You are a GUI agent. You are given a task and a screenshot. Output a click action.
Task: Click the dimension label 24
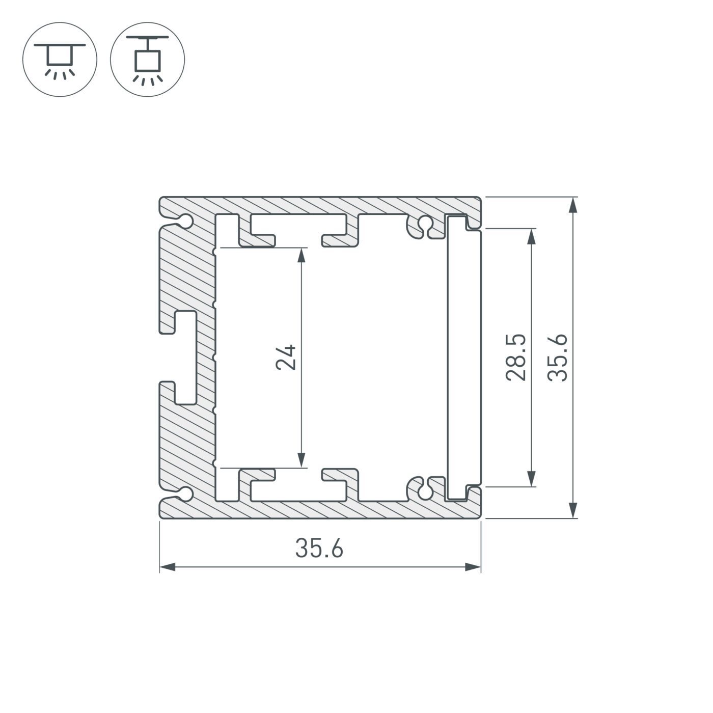(286, 357)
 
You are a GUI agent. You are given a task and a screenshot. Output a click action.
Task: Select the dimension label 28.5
(515, 357)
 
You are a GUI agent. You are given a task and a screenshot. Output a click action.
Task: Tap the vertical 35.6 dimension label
(557, 357)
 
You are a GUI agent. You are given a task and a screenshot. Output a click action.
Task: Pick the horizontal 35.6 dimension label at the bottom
(319, 549)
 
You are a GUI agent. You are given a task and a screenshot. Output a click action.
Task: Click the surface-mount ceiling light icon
(60, 60)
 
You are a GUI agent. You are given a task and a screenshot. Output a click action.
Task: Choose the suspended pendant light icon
(148, 60)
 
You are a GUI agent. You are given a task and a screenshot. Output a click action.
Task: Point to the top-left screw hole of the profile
(186, 222)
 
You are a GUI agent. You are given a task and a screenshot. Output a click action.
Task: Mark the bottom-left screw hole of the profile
(186, 493)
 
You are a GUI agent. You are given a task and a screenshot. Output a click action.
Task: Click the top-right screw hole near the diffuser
(424, 223)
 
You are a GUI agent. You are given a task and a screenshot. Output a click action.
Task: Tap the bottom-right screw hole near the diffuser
(424, 492)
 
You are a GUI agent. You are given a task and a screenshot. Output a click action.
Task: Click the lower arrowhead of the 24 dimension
(302, 459)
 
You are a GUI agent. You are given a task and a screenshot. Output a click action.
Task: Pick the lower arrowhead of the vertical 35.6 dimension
(573, 510)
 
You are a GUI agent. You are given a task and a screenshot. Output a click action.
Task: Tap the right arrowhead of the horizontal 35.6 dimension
(473, 567)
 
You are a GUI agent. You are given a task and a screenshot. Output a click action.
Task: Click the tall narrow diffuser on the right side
(464, 358)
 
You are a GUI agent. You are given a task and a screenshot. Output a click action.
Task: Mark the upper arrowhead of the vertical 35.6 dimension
(573, 205)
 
